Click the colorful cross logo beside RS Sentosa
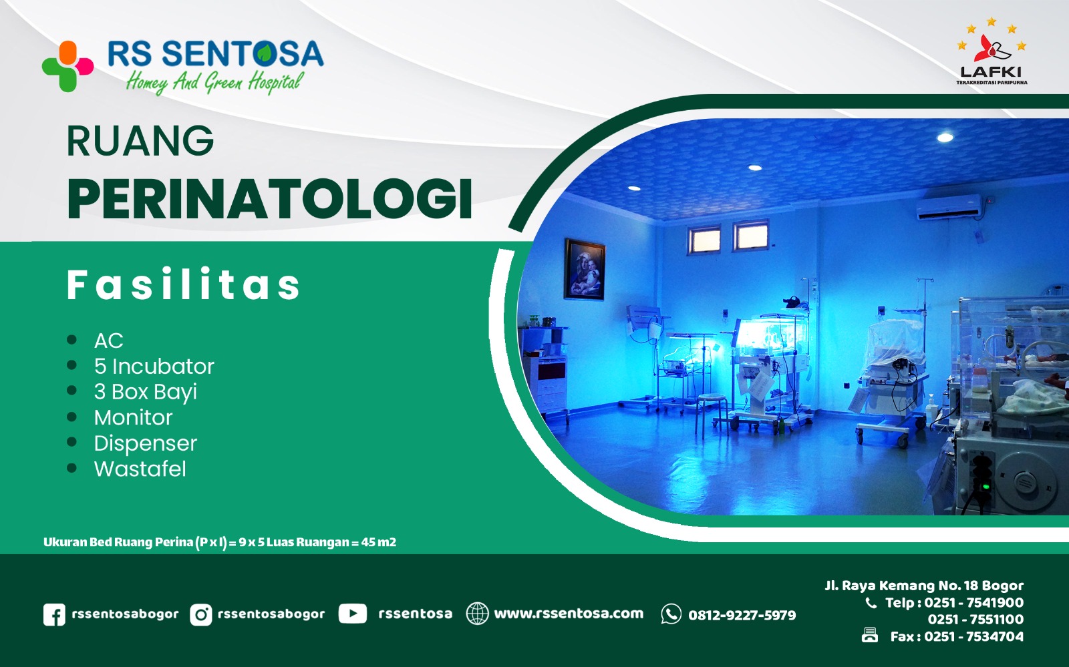tap(67, 66)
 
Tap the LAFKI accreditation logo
tap(991, 51)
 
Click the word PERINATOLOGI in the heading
tap(270, 198)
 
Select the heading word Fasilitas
tap(183, 284)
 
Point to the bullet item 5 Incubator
tap(154, 366)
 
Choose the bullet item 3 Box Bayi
tap(146, 393)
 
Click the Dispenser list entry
tap(146, 444)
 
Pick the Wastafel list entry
tap(140, 469)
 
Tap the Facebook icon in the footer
tap(54, 614)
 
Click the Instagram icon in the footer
tap(201, 614)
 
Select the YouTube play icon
tap(353, 614)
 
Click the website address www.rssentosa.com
tap(569, 614)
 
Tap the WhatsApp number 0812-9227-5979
tap(742, 615)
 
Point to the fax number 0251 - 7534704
tap(974, 636)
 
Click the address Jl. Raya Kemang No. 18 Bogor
tap(925, 586)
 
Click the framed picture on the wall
tap(585, 269)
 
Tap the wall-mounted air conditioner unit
tap(949, 207)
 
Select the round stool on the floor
tap(712, 414)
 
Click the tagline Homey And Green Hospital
tap(214, 82)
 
